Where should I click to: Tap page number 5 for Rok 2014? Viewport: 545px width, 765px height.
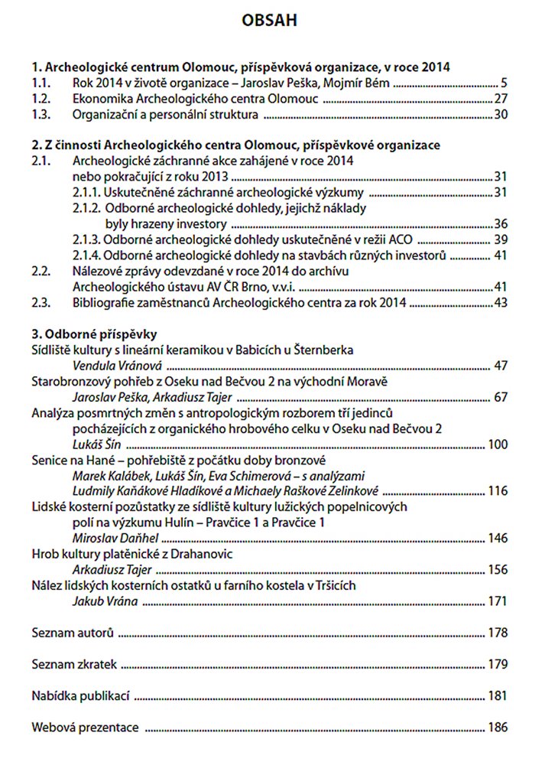click(504, 83)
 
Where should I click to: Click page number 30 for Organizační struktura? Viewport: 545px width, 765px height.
click(501, 115)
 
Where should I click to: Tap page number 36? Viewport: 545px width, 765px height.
click(501, 224)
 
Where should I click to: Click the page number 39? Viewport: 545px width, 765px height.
click(501, 239)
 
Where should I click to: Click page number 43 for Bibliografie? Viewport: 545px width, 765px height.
click(501, 303)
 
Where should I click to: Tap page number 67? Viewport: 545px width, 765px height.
click(501, 398)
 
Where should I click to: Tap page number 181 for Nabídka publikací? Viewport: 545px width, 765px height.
click(498, 696)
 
